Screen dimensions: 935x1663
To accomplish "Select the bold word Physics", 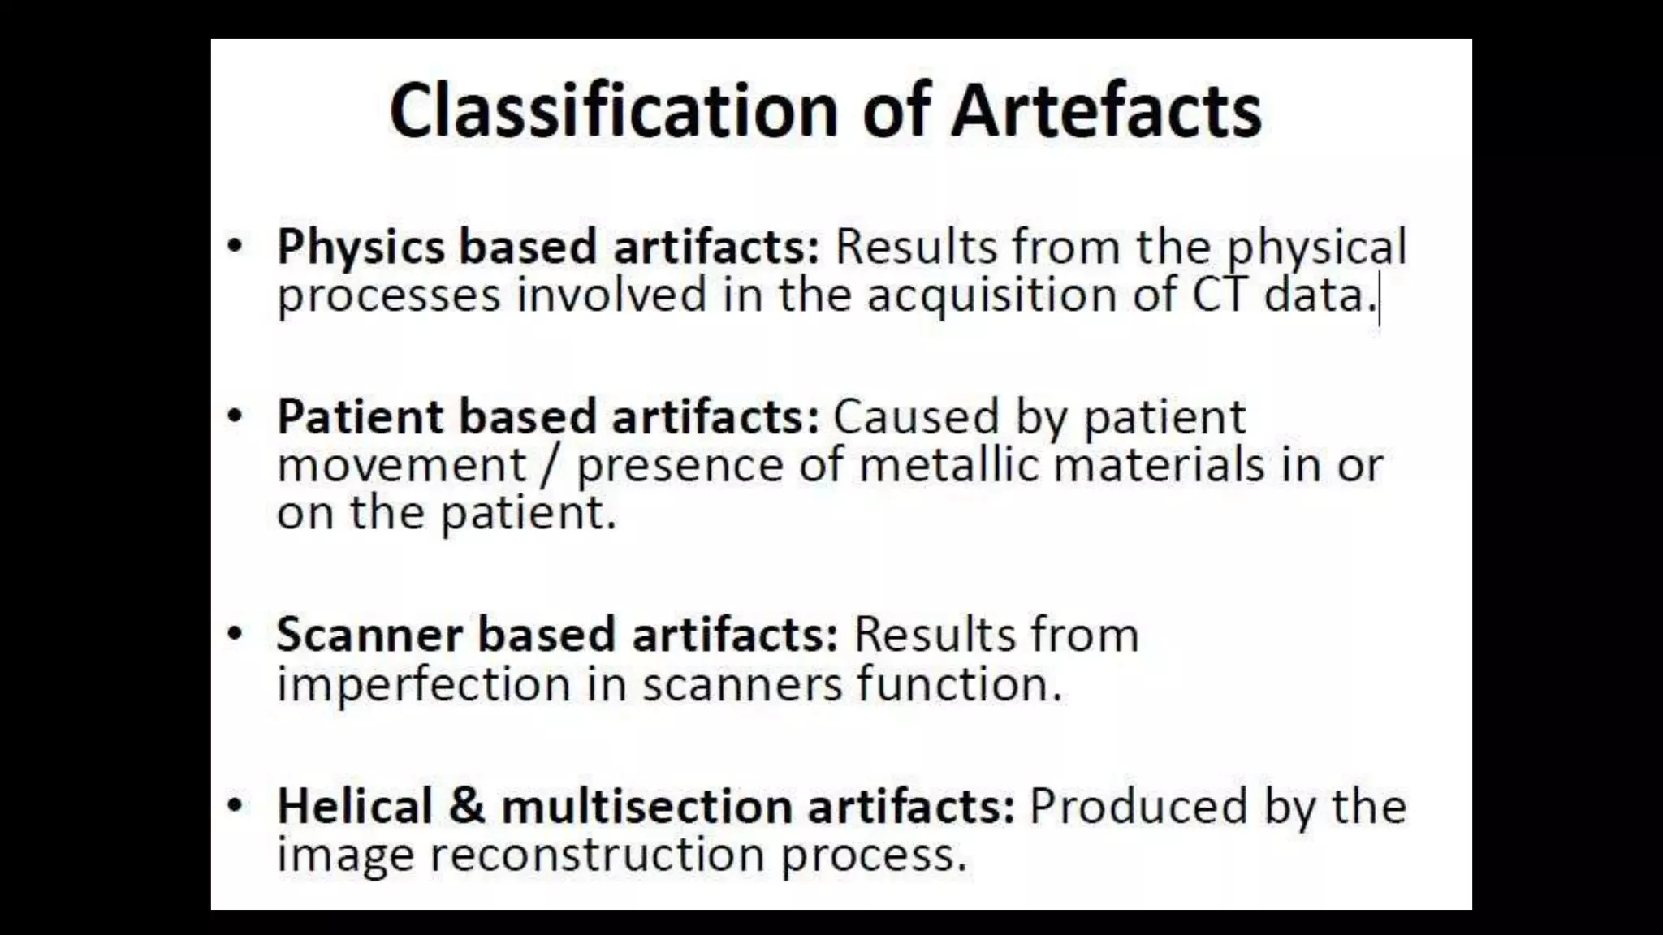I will tap(361, 247).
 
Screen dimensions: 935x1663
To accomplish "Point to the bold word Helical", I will tap(354, 807).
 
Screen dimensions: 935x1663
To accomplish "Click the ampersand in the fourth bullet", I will tap(466, 807).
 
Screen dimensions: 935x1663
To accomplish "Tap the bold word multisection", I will tap(646, 807).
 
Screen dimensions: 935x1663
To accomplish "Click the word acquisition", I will tap(992, 295).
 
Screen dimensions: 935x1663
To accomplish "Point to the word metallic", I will tap(948, 465).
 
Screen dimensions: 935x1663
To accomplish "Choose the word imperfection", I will tap(424, 684).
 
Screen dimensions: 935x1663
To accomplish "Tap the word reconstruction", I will tap(597, 855).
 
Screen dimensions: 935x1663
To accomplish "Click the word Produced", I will tap(1116, 807).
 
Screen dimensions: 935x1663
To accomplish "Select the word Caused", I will tap(916, 417).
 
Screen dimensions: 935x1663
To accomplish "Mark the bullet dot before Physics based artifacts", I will tap(235, 245).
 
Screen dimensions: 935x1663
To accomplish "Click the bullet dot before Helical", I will tap(235, 805).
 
